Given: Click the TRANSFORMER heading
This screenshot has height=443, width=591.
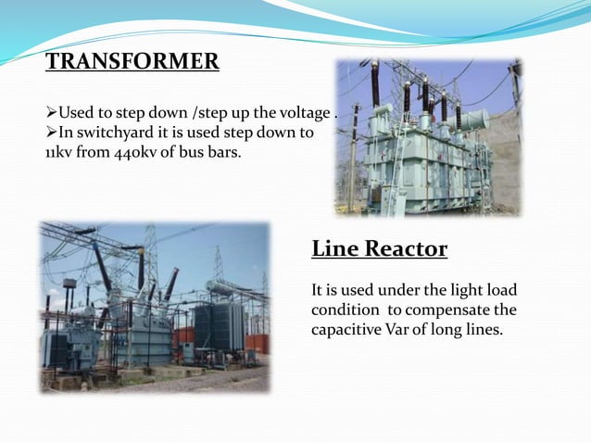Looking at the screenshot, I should pos(132,62).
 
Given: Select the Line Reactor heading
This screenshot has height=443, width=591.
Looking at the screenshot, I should pos(379,248).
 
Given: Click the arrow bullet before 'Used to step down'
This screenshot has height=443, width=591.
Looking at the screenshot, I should pos(52,114).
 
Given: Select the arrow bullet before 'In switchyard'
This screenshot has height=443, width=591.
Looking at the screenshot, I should pos(52,133).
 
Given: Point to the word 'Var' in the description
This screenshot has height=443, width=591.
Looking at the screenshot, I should pos(403,328).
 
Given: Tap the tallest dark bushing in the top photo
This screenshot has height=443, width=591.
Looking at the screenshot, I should pos(375,83).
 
